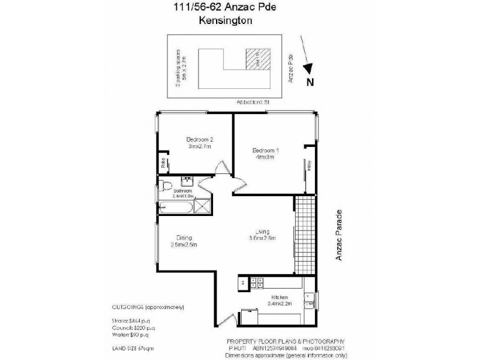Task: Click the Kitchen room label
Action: (280, 297)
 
